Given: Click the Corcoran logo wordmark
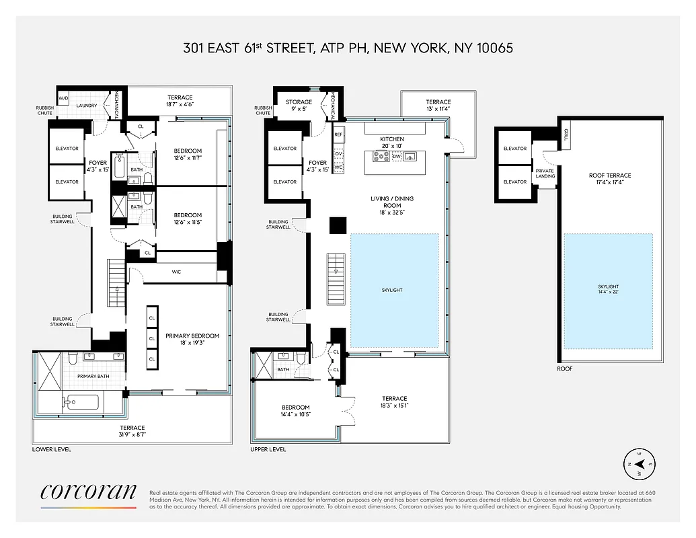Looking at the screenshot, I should click(x=88, y=492).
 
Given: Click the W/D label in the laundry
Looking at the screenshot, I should click(x=64, y=98).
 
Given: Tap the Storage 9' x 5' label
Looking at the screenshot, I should click(x=299, y=106).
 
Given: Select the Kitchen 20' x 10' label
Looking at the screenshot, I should click(x=391, y=142).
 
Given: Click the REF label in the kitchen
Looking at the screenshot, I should click(x=338, y=134).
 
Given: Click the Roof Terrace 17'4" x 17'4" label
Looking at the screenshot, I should click(x=610, y=179).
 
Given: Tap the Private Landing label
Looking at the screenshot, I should click(x=545, y=174).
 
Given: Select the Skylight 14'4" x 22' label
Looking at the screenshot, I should click(x=607, y=289).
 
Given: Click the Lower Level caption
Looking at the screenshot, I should click(x=52, y=449).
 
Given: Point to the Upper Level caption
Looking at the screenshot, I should click(x=268, y=449).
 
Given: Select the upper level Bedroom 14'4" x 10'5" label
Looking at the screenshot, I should click(x=295, y=411).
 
